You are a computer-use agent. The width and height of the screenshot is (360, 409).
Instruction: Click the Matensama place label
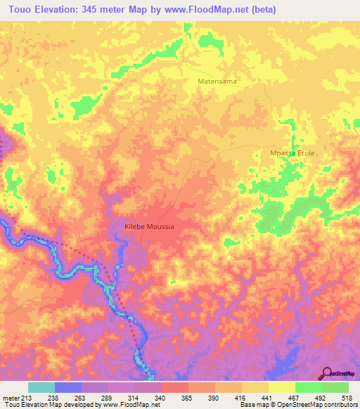pyautogui.click(x=216, y=82)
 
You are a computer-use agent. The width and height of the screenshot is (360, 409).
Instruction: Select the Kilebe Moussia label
pyautogui.click(x=148, y=227)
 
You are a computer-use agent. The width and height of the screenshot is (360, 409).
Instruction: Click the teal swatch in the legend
pyautogui.click(x=41, y=387)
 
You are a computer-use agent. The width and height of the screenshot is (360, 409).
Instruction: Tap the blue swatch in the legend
pyautogui.click(x=68, y=387)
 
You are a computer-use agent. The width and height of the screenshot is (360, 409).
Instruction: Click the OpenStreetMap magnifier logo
pyautogui.click(x=326, y=373)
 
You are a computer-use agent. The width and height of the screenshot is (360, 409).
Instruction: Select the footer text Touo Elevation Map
pyautogui.click(x=28, y=405)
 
